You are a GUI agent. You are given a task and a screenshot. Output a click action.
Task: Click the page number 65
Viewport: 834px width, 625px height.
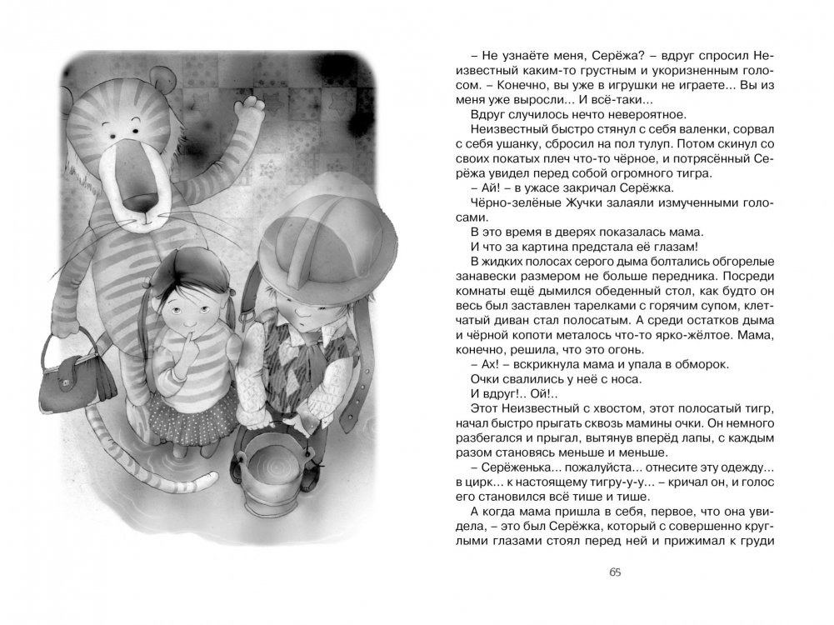(615, 572)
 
